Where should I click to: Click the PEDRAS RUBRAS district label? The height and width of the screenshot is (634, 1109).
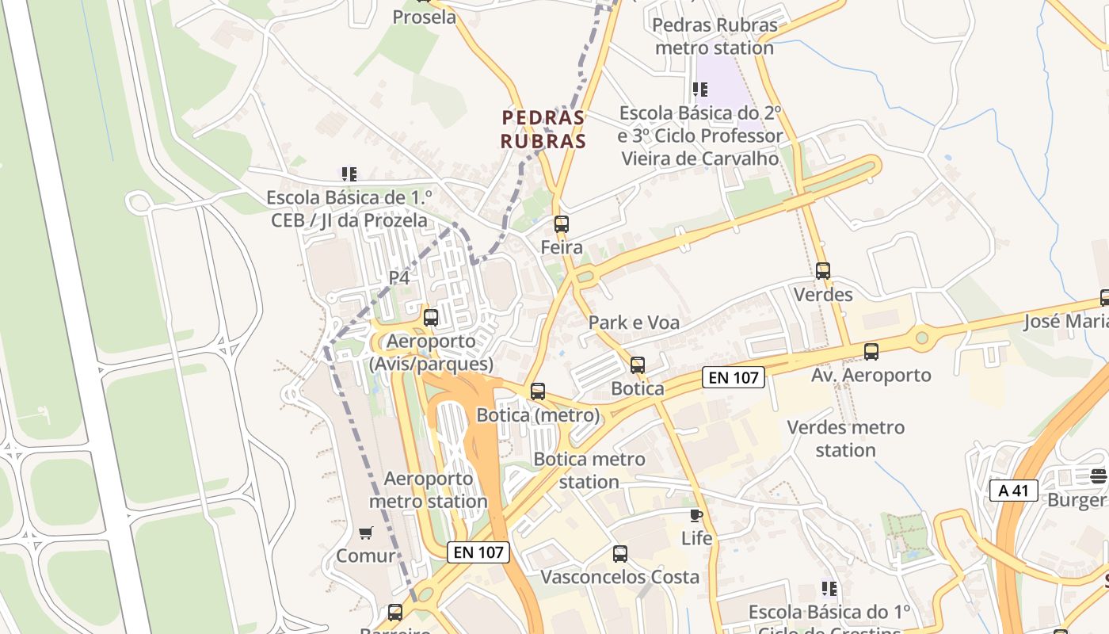(543, 130)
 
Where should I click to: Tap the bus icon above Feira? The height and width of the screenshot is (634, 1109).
(562, 224)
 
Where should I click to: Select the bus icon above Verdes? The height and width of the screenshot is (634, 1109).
(823, 271)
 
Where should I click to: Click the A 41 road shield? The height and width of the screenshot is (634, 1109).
(1014, 491)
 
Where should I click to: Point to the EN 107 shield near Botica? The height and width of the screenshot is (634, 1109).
(734, 378)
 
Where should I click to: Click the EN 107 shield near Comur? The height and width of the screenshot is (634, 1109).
(478, 552)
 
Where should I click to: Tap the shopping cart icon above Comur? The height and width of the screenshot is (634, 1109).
(365, 533)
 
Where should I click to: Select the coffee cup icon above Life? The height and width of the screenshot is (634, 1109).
(696, 516)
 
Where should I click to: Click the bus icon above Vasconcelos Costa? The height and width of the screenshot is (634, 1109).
(620, 554)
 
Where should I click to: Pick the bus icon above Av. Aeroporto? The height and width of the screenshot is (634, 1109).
(871, 352)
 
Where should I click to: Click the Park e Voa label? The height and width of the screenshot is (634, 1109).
(634, 323)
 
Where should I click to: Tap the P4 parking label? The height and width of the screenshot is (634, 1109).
(399, 278)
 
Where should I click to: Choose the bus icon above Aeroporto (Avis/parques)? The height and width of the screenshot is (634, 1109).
(431, 318)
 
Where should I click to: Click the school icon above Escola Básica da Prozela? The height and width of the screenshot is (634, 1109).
(349, 174)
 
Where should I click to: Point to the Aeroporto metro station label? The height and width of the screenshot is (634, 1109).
(429, 490)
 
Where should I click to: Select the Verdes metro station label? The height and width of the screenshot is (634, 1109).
(845, 438)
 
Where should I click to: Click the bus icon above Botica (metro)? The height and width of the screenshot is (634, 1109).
(538, 391)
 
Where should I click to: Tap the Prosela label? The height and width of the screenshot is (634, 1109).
(425, 17)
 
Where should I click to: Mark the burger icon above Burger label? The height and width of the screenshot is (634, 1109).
(1098, 476)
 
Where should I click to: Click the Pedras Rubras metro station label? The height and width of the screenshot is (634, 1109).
(715, 36)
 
